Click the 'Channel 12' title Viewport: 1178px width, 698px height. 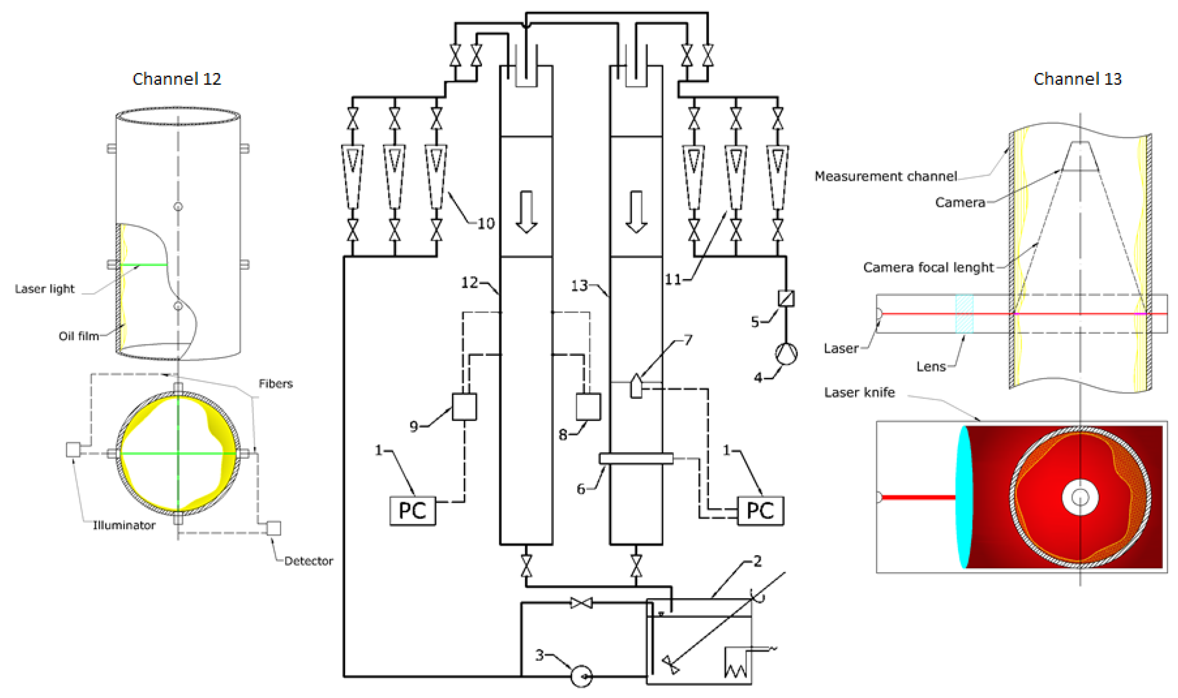coord(177,79)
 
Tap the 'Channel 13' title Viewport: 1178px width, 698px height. coord(1077,79)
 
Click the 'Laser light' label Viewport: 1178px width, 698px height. coord(45,289)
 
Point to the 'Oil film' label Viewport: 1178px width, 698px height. coord(79,336)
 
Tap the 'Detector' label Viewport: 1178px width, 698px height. coord(308,561)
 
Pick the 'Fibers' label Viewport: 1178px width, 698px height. coord(275,384)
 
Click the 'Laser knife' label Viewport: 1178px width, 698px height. coord(859,392)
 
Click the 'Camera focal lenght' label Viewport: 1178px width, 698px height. coord(928,267)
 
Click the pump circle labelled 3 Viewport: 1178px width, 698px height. coord(581,676)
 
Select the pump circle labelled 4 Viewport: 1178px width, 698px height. coord(786,354)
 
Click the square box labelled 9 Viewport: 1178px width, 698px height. coord(464,406)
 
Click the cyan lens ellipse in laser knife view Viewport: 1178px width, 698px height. coord(963,497)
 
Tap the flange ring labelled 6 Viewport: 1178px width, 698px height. coord(636,458)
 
